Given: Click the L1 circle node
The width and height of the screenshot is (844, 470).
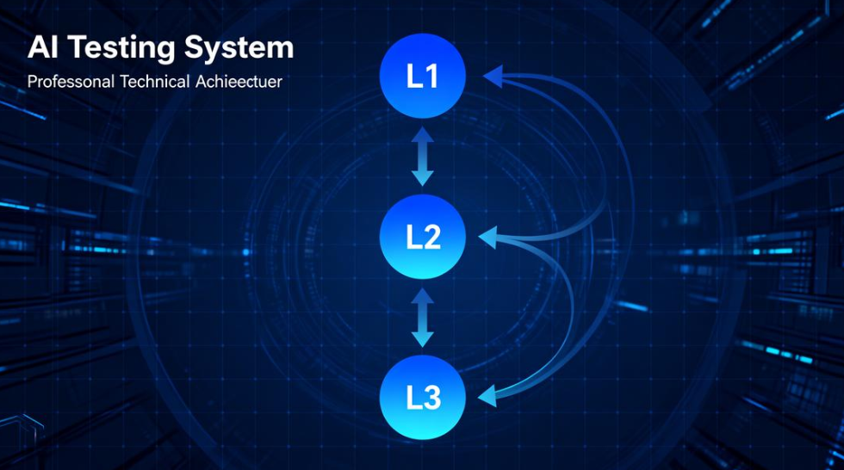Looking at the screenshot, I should (423, 77).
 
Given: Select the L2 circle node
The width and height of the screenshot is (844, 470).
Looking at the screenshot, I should (423, 236).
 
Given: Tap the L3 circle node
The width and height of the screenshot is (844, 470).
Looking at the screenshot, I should (423, 397).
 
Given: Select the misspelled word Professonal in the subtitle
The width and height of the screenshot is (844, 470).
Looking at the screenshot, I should (69, 83).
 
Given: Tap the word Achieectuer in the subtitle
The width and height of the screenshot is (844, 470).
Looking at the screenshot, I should (239, 83).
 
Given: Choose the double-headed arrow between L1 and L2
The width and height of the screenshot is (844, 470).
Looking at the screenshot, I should (422, 157).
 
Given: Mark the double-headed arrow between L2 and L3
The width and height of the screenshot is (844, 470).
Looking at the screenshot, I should (422, 317).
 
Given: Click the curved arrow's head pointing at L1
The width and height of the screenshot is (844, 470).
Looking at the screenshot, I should (493, 77).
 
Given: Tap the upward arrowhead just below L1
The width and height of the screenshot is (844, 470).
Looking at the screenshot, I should (422, 136).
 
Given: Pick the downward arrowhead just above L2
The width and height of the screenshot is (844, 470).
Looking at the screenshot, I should (422, 177).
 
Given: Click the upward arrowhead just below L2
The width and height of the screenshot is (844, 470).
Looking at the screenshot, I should (422, 297).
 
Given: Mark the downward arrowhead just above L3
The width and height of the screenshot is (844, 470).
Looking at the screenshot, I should (422, 338).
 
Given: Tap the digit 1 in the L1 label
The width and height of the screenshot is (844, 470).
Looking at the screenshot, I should (432, 77).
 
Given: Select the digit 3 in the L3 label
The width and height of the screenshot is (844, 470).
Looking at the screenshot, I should (432, 398).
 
